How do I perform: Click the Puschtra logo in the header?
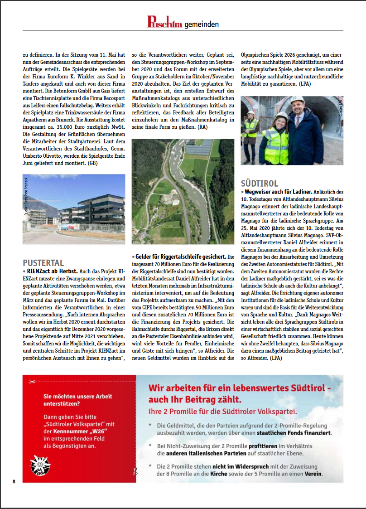pos(165,22)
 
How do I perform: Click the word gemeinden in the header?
pos(202,24)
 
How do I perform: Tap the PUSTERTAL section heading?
pos(43,263)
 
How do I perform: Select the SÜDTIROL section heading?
pos(260,184)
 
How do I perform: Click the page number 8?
pos(14,481)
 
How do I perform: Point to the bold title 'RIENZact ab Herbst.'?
pos(52,271)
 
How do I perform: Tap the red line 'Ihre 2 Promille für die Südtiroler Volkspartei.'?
pos(223,412)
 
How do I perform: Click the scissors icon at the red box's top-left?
pos(31,381)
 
